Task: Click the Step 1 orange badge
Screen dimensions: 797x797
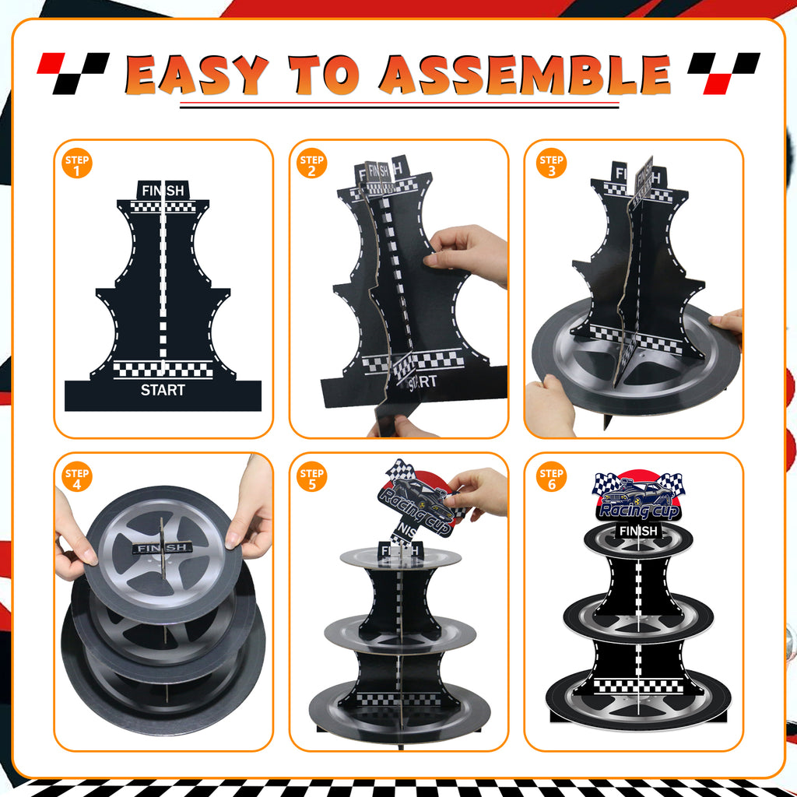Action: pos(78,164)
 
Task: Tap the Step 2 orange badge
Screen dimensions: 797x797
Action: pos(312,164)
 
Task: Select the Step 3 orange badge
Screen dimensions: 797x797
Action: pos(552,164)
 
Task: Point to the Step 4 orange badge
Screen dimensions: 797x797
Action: pos(78,476)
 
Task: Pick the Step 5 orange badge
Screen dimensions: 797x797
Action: pos(312,476)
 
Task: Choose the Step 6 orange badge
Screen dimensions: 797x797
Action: pos(552,476)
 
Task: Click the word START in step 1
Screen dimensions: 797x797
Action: pos(163,389)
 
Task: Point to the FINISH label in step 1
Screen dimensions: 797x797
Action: pos(163,190)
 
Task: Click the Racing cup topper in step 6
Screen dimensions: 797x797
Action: pos(638,498)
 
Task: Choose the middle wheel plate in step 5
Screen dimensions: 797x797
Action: pos(400,633)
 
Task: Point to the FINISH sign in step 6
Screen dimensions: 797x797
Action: pos(638,532)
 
